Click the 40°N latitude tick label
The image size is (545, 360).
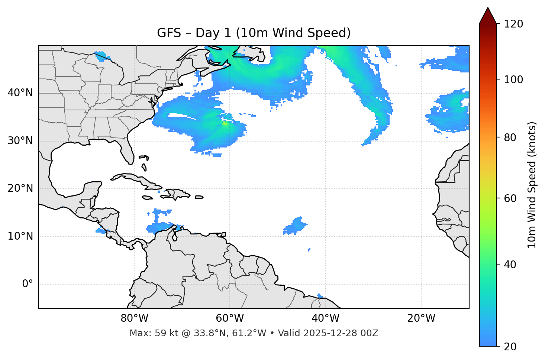coord(20,93)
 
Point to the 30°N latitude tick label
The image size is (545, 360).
coord(20,141)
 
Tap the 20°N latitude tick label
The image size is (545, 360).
coord(20,188)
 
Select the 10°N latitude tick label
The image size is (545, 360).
coord(20,236)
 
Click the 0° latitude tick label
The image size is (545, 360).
coord(28,284)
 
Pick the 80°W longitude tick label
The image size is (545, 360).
coord(134,318)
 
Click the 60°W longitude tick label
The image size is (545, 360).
coord(230,318)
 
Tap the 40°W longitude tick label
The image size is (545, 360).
coord(325,318)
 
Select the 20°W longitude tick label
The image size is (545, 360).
coord(421,318)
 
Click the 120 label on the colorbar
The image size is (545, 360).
coord(513,24)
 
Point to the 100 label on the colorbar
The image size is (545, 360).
coord(513,80)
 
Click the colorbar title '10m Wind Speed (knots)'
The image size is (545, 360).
coord(532,185)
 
